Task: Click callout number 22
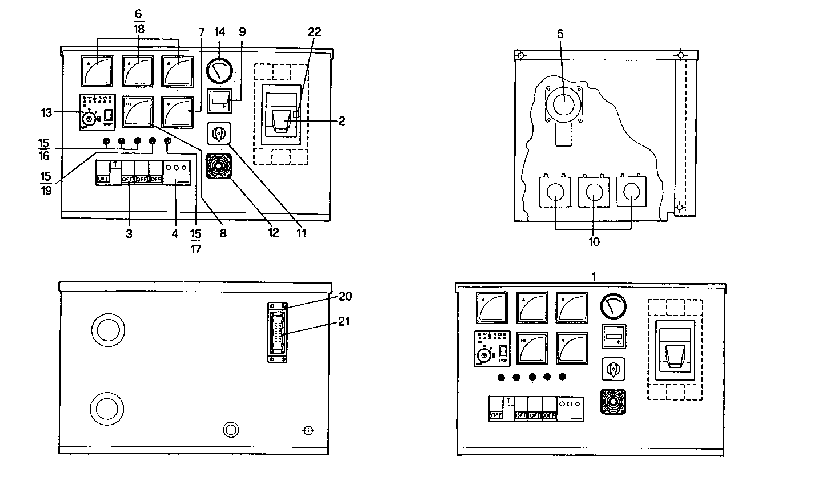(314, 33)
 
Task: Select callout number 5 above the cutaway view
(560, 34)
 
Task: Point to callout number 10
(594, 242)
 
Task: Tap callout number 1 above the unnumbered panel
(594, 276)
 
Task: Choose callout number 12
(274, 233)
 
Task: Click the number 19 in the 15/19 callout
(46, 190)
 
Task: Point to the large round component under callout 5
(563, 104)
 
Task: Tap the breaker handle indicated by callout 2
(280, 122)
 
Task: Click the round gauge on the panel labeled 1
(613, 308)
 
